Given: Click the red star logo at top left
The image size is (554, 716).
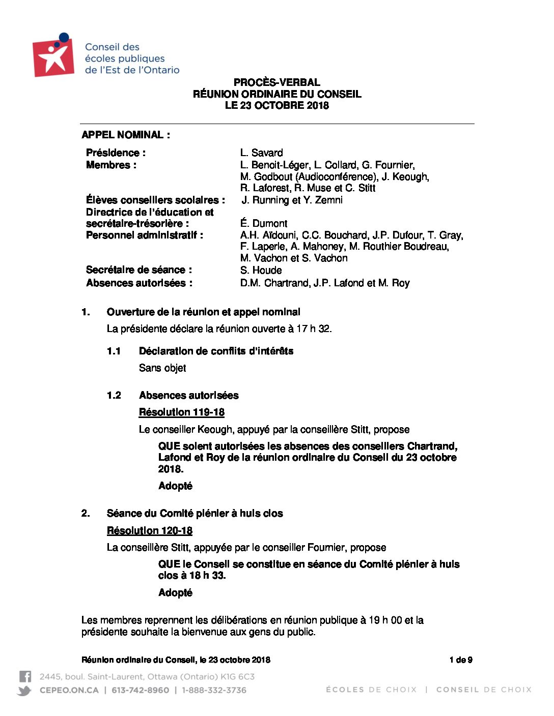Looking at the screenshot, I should (53, 57).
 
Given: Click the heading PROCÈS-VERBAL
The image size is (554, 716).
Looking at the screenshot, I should (277, 82).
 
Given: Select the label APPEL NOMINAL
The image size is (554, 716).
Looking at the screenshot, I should (125, 135).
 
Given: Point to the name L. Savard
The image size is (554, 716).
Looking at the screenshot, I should (261, 153).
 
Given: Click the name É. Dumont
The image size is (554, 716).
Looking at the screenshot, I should (263, 223).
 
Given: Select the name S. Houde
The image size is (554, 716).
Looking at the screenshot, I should (261, 270).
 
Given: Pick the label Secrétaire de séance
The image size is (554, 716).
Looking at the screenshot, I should (138, 270).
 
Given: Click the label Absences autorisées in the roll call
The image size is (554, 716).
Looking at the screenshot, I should (138, 283).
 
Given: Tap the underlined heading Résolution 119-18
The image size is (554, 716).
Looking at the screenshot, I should (181, 412).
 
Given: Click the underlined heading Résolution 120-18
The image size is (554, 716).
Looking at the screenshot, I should (149, 530).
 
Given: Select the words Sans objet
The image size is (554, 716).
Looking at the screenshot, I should (162, 368).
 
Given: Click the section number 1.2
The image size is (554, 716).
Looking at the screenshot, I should (114, 395).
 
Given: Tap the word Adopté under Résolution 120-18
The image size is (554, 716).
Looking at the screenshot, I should (175, 592).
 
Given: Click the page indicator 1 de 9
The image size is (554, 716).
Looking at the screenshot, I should (460, 660).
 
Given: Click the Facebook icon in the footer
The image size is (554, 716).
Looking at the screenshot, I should (25, 676).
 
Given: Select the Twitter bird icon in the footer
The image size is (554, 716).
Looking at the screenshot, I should (24, 690).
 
